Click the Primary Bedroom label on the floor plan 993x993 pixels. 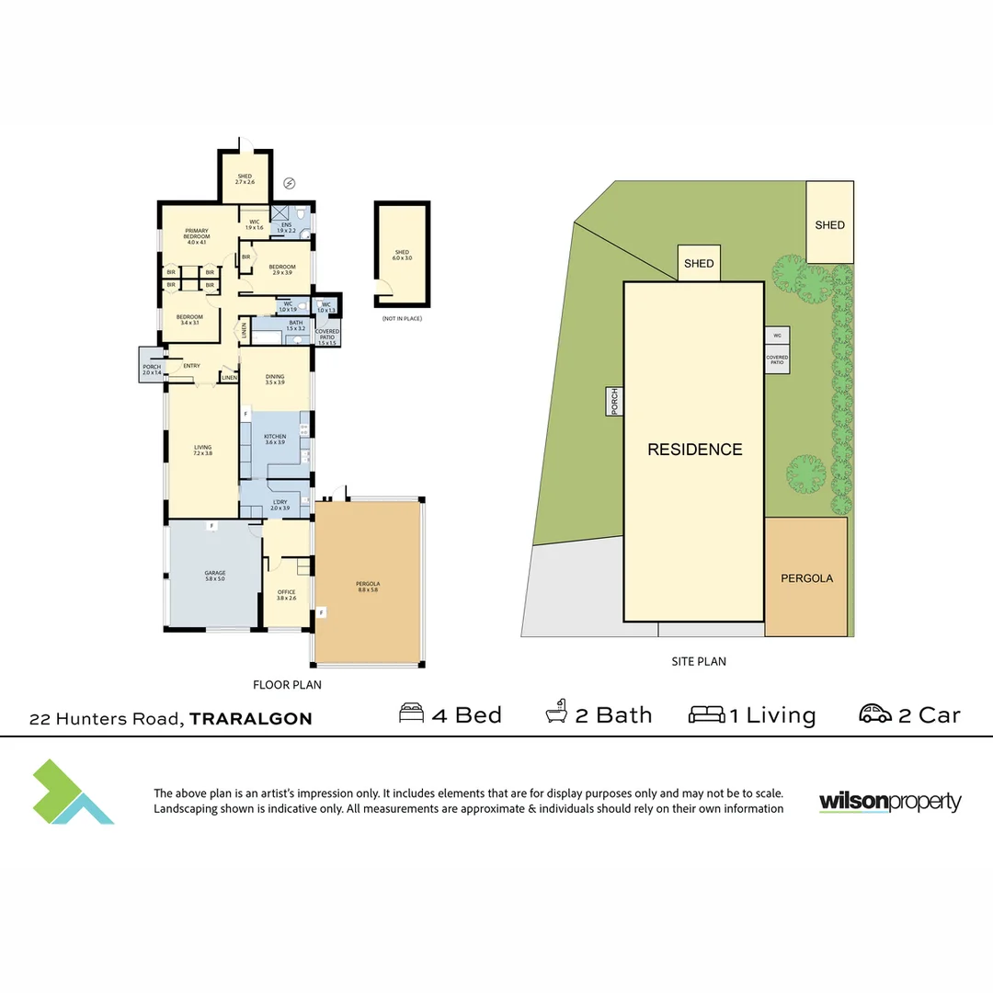(x=197, y=236)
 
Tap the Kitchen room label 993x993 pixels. (x=275, y=439)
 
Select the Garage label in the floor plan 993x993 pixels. (x=215, y=576)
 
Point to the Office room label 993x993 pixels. (x=286, y=595)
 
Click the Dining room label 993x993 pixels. (x=275, y=378)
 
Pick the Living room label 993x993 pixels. (x=202, y=451)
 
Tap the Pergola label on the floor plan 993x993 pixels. (x=368, y=587)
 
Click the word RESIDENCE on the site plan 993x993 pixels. (x=694, y=450)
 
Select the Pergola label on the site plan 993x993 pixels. (x=806, y=578)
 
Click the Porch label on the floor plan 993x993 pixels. (x=151, y=369)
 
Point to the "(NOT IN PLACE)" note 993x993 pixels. (x=402, y=318)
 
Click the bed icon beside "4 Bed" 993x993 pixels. (x=411, y=714)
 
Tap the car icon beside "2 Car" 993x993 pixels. (x=875, y=713)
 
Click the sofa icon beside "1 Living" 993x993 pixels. (x=707, y=714)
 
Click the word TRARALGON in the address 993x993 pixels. (x=251, y=719)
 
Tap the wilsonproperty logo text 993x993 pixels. (x=889, y=802)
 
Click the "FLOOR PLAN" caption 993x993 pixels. (x=287, y=685)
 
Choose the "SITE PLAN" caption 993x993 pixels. (x=699, y=661)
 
